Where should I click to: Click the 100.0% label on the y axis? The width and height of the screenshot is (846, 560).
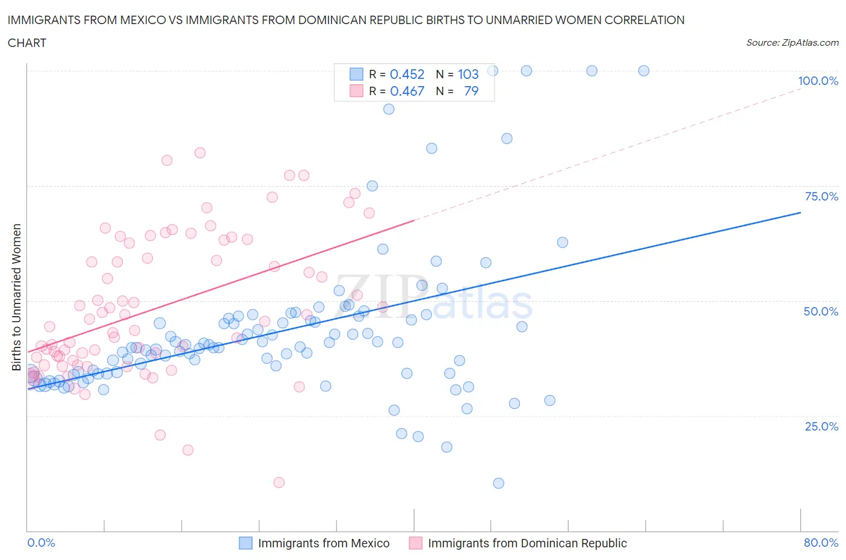tap(818, 81)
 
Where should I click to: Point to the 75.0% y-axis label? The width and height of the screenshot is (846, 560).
tap(821, 196)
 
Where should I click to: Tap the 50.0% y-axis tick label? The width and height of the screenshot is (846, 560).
tap(821, 311)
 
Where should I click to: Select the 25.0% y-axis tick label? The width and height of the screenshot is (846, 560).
tap(821, 426)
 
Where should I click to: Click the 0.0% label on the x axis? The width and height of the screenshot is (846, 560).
tap(41, 543)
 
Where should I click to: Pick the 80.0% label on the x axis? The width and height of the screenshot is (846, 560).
tap(821, 543)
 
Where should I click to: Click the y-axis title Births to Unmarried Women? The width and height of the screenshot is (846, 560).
tap(17, 297)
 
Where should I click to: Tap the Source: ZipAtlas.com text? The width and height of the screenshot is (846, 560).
tap(792, 43)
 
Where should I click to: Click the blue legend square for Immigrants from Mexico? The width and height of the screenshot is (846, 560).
tap(245, 543)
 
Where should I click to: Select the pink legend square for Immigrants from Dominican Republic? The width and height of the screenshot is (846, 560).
tap(415, 543)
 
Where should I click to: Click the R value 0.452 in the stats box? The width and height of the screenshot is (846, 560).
tap(407, 74)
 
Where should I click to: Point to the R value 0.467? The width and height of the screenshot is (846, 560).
tap(407, 91)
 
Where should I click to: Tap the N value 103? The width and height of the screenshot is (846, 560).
tap(468, 74)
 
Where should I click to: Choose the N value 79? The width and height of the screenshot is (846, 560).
tap(471, 91)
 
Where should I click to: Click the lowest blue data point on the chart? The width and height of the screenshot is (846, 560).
tap(498, 483)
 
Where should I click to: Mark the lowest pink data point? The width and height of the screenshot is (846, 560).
tap(279, 482)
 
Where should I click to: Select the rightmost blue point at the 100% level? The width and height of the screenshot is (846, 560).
tap(644, 70)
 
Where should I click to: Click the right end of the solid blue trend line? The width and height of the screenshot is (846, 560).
tap(800, 213)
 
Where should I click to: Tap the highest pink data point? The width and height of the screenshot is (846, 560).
tap(200, 153)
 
